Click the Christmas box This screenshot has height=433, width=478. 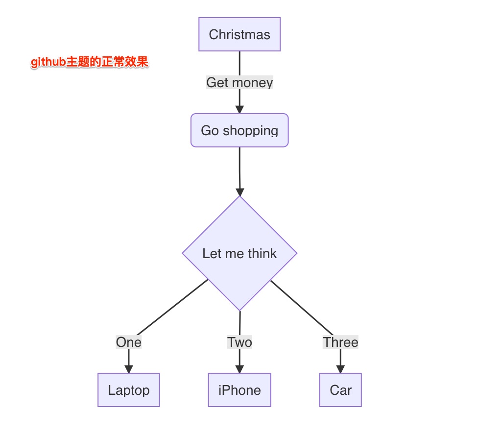coord(239,34)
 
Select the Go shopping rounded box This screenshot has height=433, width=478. coord(239,130)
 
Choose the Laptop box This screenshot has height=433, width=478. coord(129,390)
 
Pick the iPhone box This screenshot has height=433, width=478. coord(239,390)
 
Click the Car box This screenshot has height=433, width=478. coord(340,390)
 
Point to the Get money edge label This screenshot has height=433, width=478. coord(239,82)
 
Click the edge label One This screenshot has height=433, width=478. coord(129,342)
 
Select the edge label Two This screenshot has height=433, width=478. coord(239,342)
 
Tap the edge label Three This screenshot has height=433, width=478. coord(340,342)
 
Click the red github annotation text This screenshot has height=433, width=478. coord(90,63)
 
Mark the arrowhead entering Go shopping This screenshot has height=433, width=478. coord(239,109)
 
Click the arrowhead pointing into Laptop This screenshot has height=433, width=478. coord(129,368)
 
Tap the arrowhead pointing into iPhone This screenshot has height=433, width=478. coord(239,368)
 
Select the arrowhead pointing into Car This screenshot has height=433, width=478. coord(340,368)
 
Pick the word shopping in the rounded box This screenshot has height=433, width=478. coord(250,131)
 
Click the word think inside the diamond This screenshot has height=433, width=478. coord(262,253)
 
